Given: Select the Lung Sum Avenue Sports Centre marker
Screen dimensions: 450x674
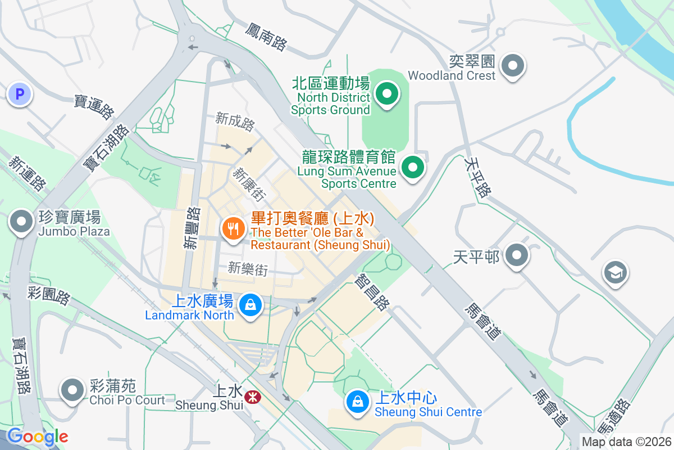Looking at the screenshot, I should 413,167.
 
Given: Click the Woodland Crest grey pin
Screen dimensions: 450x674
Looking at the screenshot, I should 512,66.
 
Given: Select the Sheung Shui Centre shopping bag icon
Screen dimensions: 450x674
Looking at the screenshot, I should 357,402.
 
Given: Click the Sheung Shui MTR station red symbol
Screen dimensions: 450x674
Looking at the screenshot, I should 253,397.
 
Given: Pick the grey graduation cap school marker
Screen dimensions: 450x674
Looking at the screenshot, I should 615,273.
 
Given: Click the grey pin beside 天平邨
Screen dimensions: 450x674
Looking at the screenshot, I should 516,256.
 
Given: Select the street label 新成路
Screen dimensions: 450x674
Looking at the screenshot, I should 235,121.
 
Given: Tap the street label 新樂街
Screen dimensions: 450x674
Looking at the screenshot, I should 248,269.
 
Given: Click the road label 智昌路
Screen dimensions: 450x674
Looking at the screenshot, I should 372,291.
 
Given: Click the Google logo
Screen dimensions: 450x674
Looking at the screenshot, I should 37,436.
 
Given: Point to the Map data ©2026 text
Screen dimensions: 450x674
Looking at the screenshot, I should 626,442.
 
